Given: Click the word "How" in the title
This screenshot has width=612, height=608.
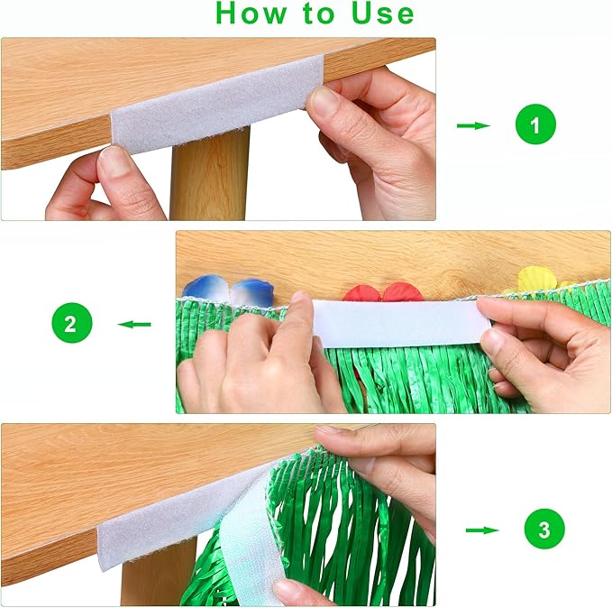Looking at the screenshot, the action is (x=251, y=14).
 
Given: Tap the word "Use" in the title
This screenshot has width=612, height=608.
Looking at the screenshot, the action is (x=382, y=14).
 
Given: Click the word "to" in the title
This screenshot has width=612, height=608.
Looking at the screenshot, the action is (x=318, y=14).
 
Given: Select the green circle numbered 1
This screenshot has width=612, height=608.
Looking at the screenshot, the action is (x=535, y=124).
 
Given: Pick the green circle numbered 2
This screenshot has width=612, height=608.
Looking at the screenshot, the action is (x=72, y=323).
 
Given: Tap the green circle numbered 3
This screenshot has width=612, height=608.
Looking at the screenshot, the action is (x=544, y=529).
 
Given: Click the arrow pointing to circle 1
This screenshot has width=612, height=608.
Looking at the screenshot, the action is (x=473, y=125).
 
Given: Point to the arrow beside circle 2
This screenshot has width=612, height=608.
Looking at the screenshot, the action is (x=134, y=324).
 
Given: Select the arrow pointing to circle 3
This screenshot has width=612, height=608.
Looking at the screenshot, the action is (x=482, y=530).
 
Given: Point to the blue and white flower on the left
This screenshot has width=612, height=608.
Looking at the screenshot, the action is (x=228, y=289).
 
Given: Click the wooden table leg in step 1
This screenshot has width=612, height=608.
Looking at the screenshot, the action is (x=210, y=174).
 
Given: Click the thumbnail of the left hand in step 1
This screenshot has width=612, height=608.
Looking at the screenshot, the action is (x=114, y=161).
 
